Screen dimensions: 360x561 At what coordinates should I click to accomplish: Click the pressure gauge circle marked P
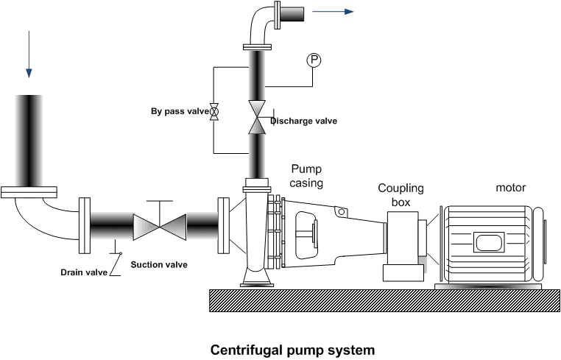tap(313, 60)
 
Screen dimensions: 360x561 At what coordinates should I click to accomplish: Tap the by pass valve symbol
tap(214, 111)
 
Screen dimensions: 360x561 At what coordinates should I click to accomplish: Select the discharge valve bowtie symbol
tap(257, 117)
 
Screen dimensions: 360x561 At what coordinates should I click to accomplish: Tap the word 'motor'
tap(510, 187)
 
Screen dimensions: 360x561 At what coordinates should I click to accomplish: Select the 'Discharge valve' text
tap(303, 121)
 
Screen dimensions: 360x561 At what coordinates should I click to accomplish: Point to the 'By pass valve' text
tap(180, 111)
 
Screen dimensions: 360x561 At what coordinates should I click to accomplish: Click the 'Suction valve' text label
tap(158, 264)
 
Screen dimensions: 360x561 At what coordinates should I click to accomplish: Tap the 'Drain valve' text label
tap(84, 272)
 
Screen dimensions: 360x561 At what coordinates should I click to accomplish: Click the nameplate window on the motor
tap(488, 242)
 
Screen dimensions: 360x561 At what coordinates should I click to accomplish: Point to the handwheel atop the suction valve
tap(160, 200)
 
